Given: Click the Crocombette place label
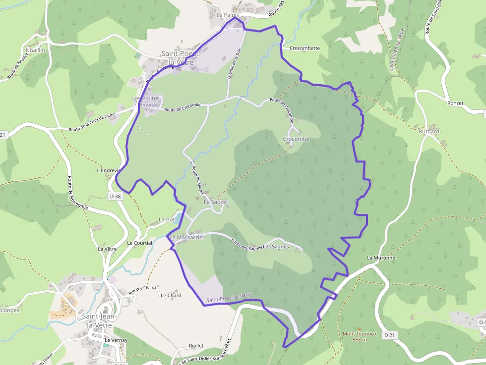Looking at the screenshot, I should (x=304, y=49).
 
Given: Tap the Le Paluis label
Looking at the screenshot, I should (x=228, y=15).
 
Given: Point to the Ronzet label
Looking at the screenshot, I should (x=455, y=103).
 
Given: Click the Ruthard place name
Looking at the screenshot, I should (x=429, y=131).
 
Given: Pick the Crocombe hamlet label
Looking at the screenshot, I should (x=296, y=139).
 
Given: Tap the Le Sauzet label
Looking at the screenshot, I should (x=216, y=202).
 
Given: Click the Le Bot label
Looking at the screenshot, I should (x=167, y=219).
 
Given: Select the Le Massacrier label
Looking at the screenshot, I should (x=187, y=238).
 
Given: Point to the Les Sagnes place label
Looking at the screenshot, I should (x=276, y=247).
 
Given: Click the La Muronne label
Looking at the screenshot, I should (x=381, y=258).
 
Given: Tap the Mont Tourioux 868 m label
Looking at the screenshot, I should (x=360, y=336).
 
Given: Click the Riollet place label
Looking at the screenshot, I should (x=196, y=346).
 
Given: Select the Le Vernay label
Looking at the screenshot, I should (x=116, y=340).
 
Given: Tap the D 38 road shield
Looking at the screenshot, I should (x=115, y=196).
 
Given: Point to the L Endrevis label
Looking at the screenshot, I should (x=109, y=170).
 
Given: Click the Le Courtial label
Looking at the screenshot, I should (x=139, y=243).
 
